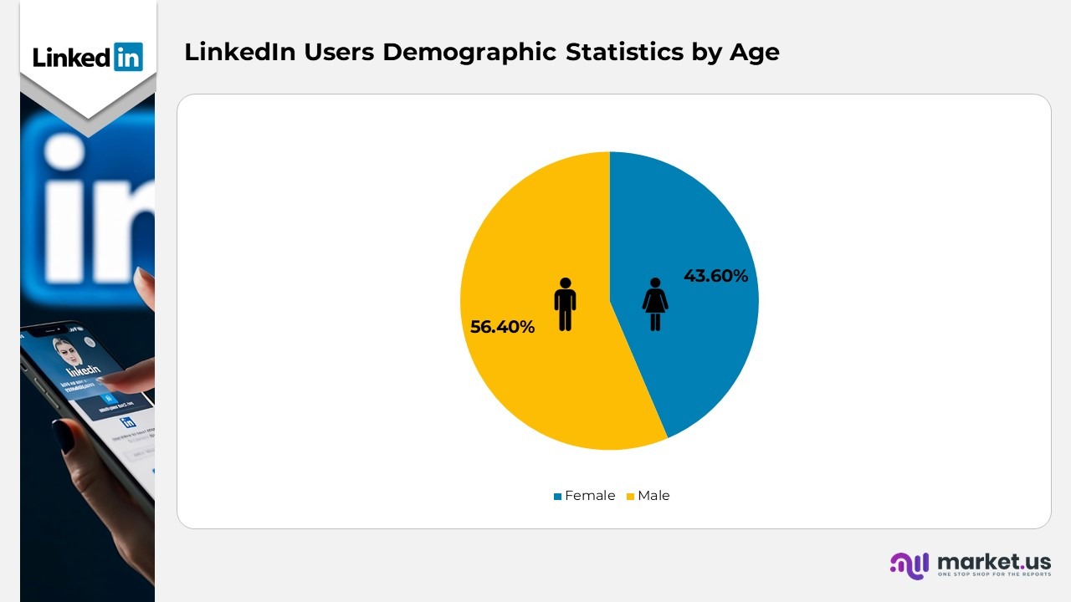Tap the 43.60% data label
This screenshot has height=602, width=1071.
715,276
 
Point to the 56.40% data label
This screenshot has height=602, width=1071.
502,327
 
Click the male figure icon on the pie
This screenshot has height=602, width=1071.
566,304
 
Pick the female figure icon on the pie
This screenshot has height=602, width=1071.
655,304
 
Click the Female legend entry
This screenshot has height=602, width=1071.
589,496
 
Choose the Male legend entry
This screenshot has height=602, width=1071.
653,496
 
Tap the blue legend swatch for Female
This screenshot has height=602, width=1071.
557,497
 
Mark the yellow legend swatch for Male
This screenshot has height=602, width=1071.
630,497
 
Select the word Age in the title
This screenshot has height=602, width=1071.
754,53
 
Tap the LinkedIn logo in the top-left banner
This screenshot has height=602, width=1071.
88,57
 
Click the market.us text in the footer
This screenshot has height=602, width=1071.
994,561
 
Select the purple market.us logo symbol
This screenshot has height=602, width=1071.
910,565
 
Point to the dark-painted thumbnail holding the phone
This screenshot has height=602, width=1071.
64,436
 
